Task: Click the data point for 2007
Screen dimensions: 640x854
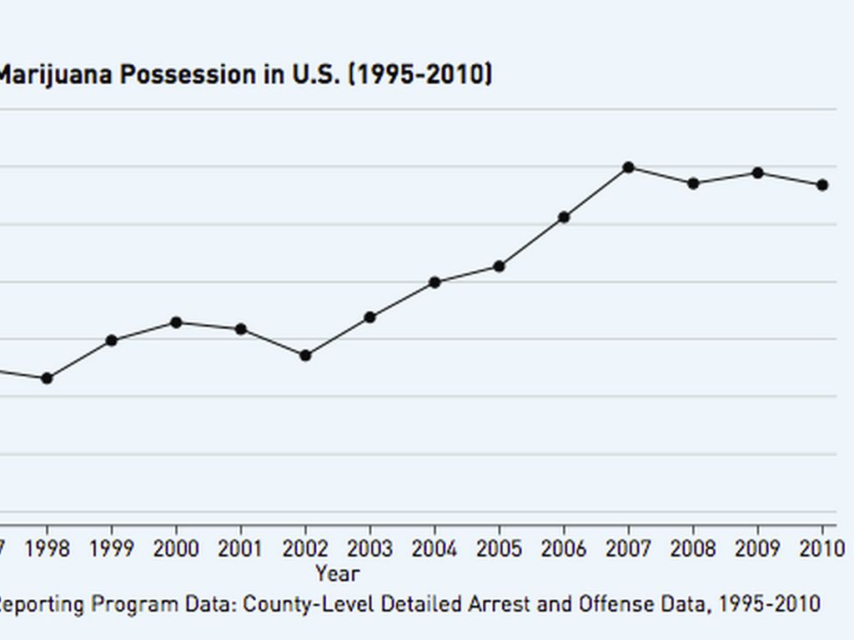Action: click(629, 167)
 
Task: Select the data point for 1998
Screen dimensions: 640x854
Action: click(48, 378)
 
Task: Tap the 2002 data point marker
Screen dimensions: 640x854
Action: click(305, 356)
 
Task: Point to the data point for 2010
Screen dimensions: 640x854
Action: click(822, 185)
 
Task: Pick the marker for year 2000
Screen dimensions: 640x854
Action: click(176, 322)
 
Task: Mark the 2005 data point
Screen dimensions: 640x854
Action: click(499, 267)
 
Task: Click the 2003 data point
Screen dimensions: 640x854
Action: click(369, 317)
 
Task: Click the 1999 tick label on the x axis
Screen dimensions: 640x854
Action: click(112, 549)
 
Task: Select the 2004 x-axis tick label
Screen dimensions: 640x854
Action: click(435, 549)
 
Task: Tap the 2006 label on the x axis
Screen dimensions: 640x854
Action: click(564, 549)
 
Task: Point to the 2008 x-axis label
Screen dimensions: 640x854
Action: click(693, 549)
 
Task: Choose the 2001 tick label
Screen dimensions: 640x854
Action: click(241, 549)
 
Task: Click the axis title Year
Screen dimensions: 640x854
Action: click(338, 573)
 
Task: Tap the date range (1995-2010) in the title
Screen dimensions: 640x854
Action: click(419, 75)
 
